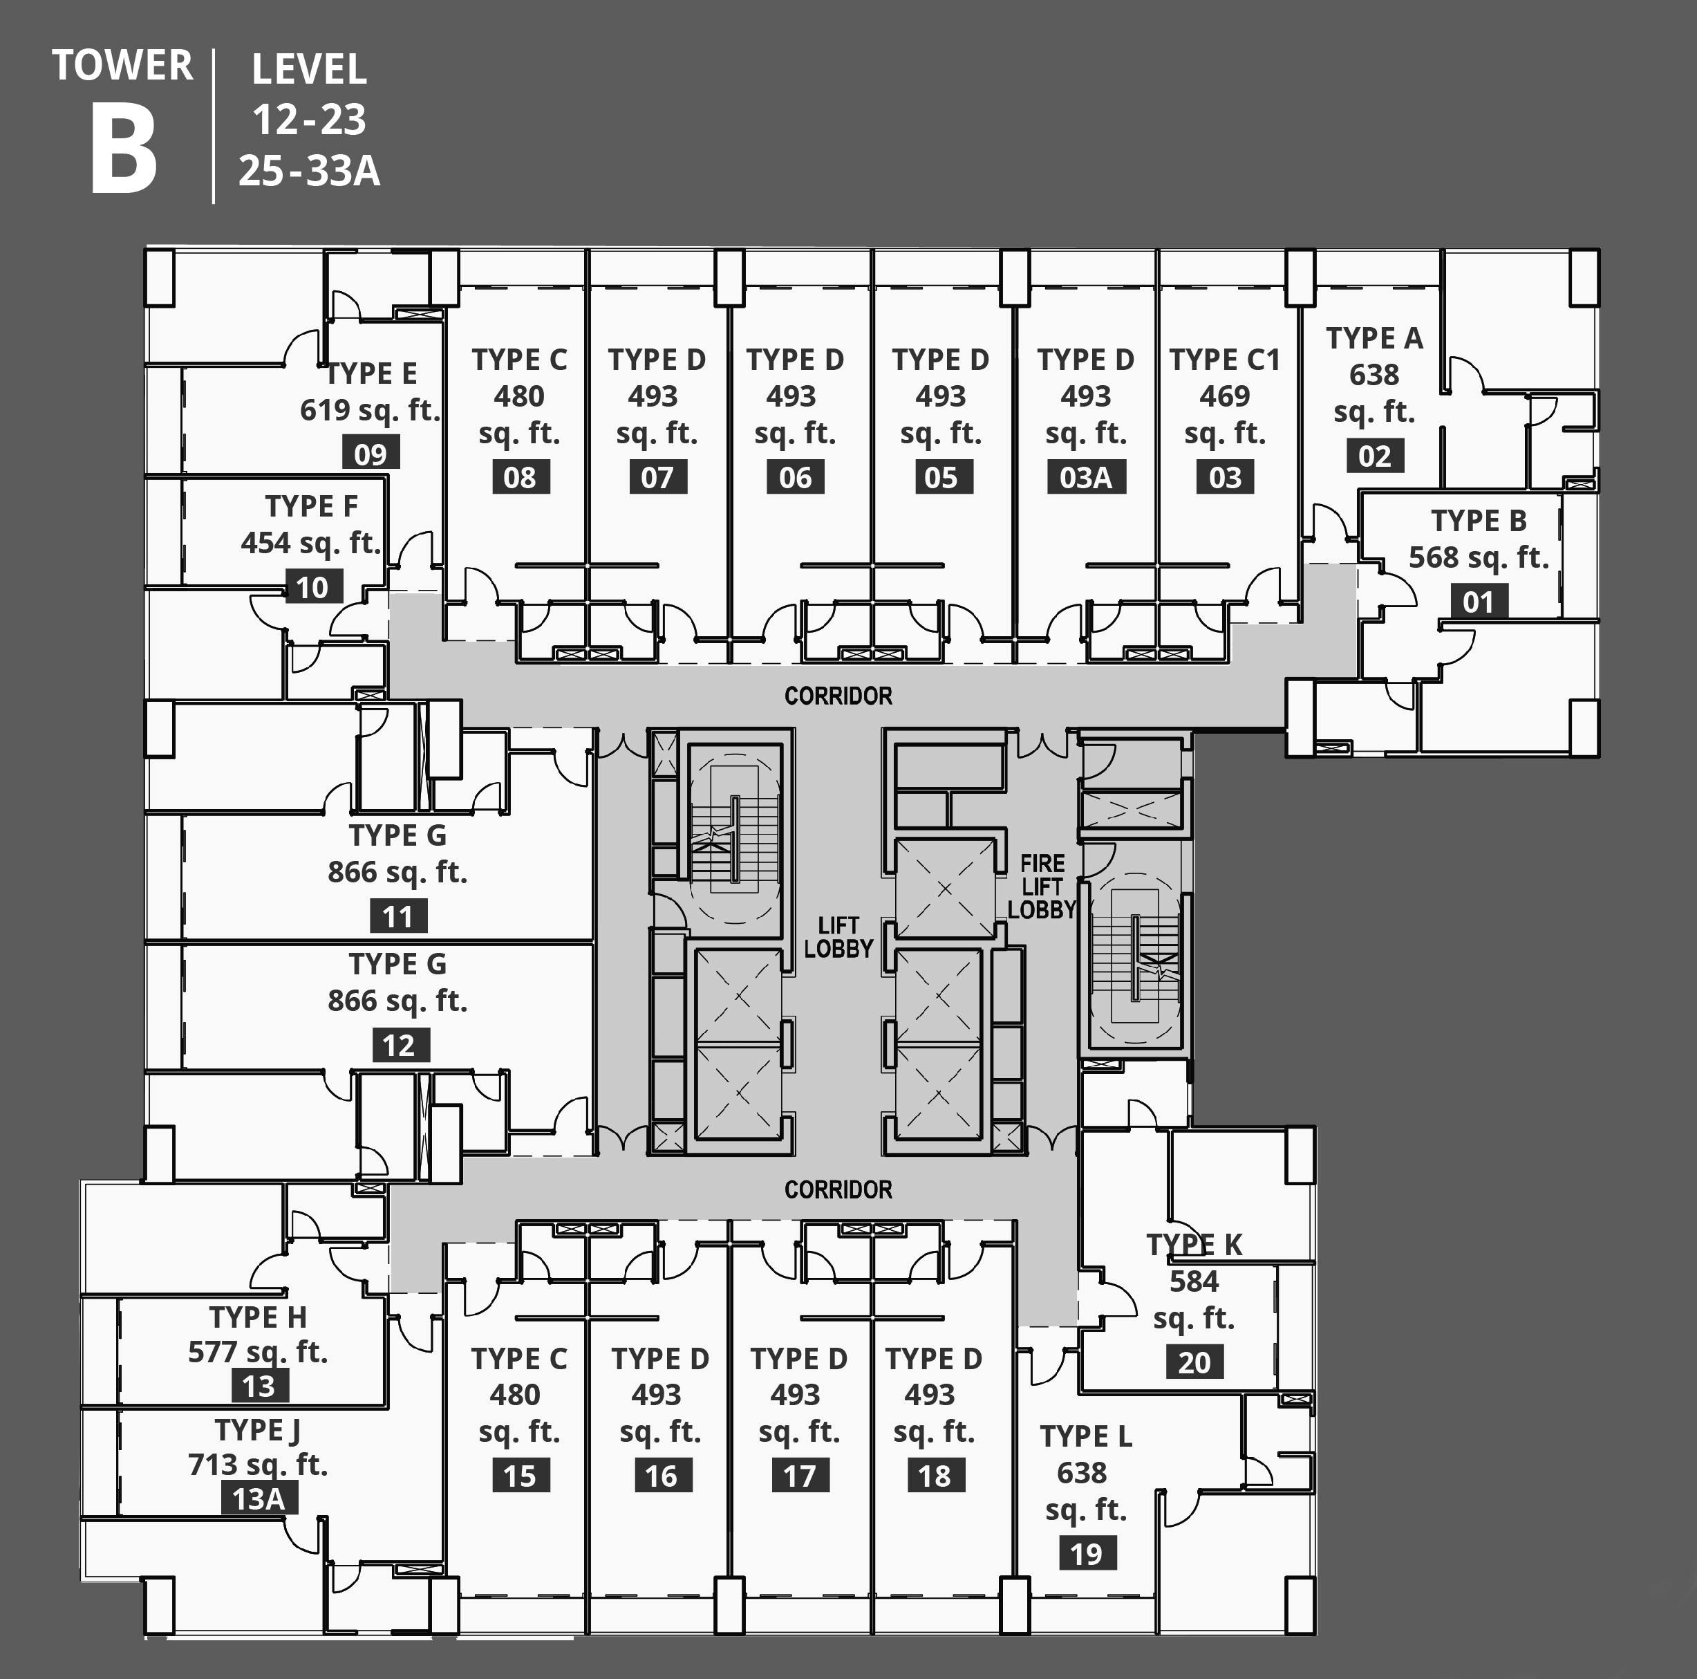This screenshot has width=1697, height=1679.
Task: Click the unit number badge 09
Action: (370, 454)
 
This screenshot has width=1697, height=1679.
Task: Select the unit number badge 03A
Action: (1086, 477)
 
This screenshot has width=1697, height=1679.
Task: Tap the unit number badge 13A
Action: (259, 1497)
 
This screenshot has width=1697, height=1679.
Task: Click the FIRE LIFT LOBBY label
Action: (1042, 887)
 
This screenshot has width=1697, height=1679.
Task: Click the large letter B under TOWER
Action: (124, 151)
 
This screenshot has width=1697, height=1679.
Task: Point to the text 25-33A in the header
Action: (309, 170)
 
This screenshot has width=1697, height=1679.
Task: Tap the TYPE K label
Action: (1194, 1244)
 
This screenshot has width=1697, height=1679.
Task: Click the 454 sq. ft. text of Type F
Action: (311, 543)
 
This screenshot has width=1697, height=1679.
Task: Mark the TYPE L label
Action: (1086, 1436)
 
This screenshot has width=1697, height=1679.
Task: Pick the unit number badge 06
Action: (795, 477)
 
